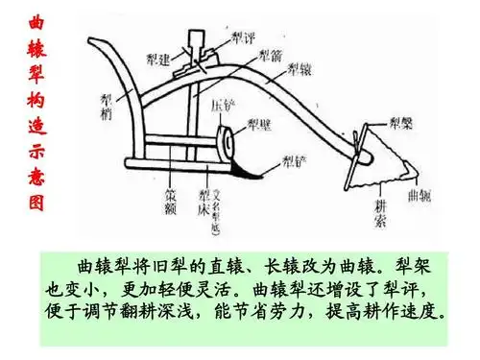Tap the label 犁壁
(x=257, y=123)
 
